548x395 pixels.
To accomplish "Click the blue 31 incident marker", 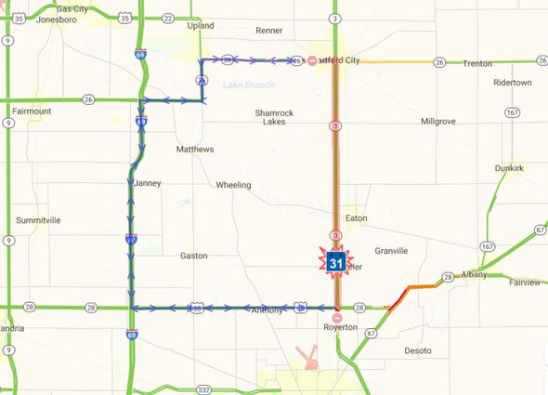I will coord(334,263).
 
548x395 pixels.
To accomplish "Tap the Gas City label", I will coord(72,8).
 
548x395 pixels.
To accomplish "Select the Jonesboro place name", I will coord(57,20).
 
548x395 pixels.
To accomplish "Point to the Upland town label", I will coord(201,25).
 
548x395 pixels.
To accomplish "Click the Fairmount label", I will coord(32,112).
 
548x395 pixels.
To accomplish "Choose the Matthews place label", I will coord(195,149).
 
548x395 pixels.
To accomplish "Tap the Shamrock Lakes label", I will coord(274,117).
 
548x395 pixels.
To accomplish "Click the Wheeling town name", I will coord(233,185).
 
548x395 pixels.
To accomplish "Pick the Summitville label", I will coord(38,220).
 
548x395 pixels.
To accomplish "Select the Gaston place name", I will coord(193,255).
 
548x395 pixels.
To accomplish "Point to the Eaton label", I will coord(356,218).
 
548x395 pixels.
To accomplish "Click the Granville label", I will coord(391,251).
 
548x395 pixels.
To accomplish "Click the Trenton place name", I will coord(476,63).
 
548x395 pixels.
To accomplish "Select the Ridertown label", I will coord(513,83).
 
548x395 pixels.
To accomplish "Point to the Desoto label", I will coord(418,350).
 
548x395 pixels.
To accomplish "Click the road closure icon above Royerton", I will coord(337,317).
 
